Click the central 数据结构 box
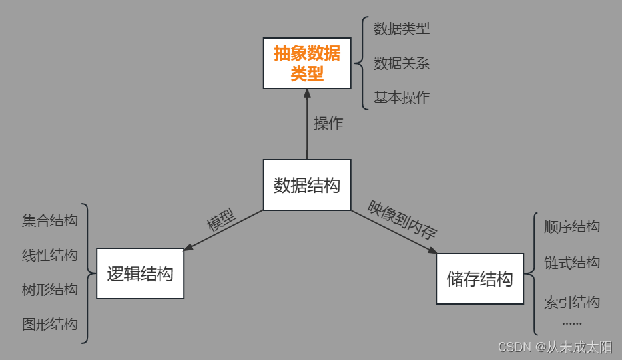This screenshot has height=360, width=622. (x=307, y=185)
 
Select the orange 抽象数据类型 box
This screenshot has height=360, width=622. (x=307, y=63)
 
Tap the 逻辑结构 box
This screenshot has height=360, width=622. (x=140, y=273)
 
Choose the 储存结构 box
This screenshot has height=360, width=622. (x=479, y=279)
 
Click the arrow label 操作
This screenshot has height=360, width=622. (x=328, y=123)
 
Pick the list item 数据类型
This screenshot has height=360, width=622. (x=402, y=29)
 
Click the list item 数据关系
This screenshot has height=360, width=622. (x=402, y=63)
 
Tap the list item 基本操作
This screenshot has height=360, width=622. (x=402, y=98)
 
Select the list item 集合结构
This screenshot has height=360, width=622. (x=50, y=220)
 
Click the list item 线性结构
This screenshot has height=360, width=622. (x=50, y=255)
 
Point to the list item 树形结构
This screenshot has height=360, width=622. (x=50, y=289)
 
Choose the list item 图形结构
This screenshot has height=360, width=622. (x=50, y=324)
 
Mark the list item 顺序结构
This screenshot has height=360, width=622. (x=572, y=226)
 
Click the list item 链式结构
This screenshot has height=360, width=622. (x=572, y=262)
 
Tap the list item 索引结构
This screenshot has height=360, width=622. (x=572, y=302)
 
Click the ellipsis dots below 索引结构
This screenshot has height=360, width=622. (x=572, y=323)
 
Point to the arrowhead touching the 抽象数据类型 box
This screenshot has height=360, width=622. (x=307, y=94)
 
